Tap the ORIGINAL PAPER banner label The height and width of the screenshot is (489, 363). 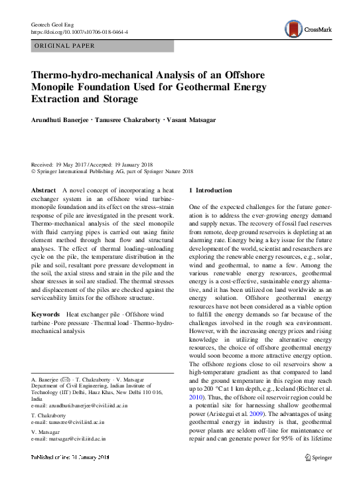point(64,46)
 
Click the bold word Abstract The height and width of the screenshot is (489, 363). point(44,190)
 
